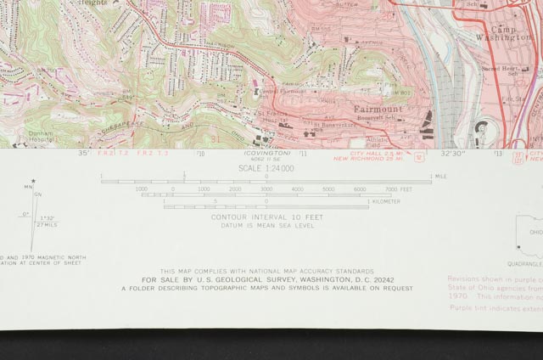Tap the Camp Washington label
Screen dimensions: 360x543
(x=515, y=33)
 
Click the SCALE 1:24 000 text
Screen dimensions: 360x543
(x=266, y=168)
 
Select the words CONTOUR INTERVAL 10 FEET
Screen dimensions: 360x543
(x=266, y=217)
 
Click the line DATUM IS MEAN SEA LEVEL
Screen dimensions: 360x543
(x=266, y=226)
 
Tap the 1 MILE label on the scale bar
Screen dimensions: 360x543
(x=439, y=176)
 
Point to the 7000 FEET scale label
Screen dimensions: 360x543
(x=399, y=189)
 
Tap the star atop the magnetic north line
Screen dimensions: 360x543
(x=33, y=180)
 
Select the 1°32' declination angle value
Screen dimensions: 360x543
(x=47, y=218)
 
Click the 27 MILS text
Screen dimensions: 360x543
(x=47, y=226)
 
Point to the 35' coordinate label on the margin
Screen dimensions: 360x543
(x=83, y=154)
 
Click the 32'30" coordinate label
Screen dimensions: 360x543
(x=452, y=154)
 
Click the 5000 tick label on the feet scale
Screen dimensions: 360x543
(x=328, y=189)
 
